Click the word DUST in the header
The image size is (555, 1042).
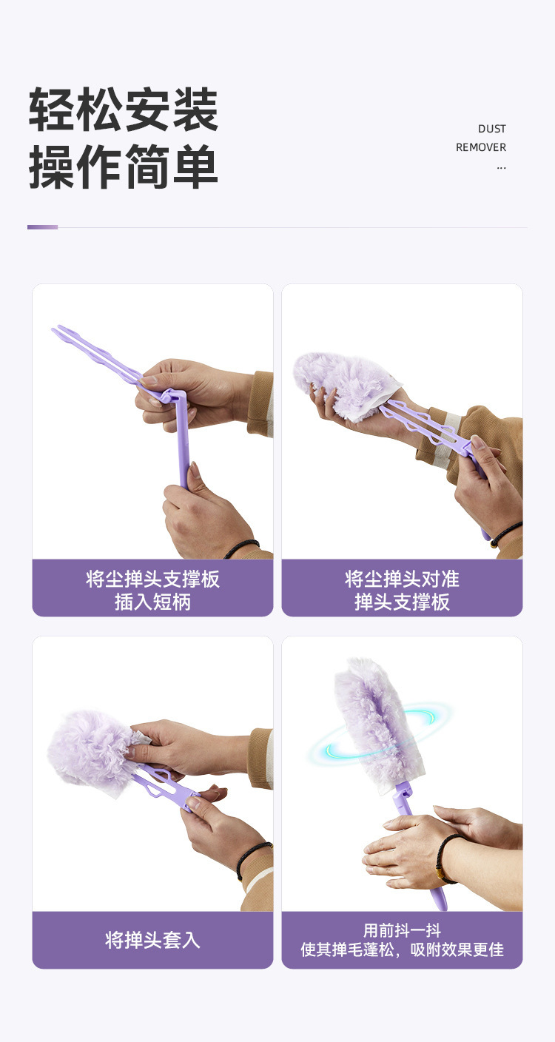pos(492,129)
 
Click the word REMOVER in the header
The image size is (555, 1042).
pos(480,147)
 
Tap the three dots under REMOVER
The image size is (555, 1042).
pos(501,167)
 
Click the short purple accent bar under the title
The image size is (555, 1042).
pos(42,227)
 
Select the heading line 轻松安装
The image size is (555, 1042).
pos(124,110)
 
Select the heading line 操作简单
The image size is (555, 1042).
pos(124,166)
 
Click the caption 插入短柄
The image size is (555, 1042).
pos(152,602)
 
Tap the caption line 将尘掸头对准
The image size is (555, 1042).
pos(402,579)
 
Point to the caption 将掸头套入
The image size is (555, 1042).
pos(152,940)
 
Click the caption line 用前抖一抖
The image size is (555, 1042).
pos(402,930)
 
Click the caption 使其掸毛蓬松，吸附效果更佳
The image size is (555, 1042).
pos(402,949)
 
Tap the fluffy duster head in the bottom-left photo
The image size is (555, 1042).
pos(93,749)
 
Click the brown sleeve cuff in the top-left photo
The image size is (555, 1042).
pos(260,403)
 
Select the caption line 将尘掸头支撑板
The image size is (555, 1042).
pos(152,579)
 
